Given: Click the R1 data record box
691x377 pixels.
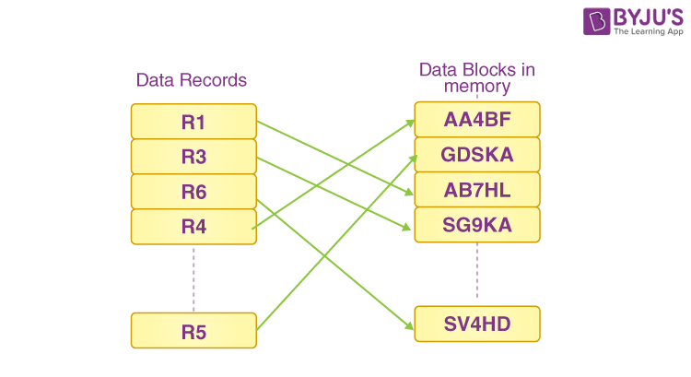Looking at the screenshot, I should [193, 122].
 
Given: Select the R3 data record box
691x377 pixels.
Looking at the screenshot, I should [193, 157].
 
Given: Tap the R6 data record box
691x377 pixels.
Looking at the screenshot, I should [193, 192].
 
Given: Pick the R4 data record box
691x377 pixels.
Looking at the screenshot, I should [193, 227].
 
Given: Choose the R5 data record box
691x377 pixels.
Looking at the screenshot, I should [193, 331].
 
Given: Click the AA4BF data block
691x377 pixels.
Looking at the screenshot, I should [476, 120].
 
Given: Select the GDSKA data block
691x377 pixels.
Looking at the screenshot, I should [476, 155].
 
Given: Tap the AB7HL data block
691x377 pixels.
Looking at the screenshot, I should [476, 190].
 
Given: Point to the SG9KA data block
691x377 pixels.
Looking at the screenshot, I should [476, 225].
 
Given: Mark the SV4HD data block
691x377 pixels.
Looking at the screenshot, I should [476, 324].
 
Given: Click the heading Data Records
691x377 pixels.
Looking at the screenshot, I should [192, 80].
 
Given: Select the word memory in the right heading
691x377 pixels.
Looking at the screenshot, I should [476, 87].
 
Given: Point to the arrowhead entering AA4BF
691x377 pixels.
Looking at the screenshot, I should [410, 122].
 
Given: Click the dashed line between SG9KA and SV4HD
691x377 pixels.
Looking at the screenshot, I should [476, 274].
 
